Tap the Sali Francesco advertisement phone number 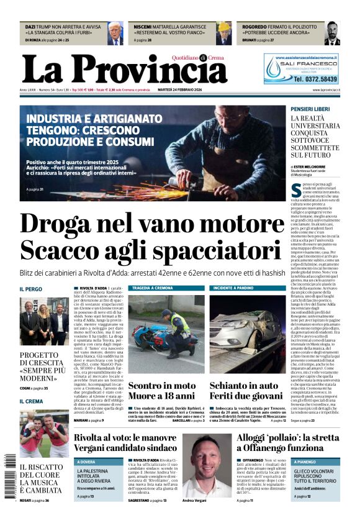click(315, 80)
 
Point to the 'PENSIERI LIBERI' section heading click(310, 109)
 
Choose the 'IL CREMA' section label click(31, 401)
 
